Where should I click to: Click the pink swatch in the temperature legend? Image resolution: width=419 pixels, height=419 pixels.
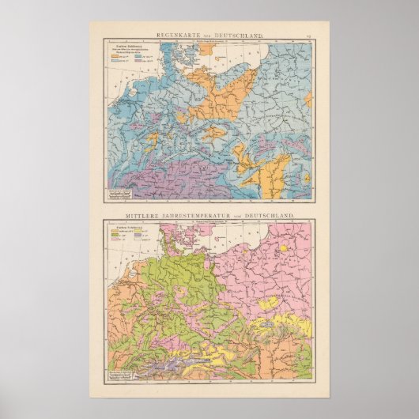(x=115, y=238)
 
